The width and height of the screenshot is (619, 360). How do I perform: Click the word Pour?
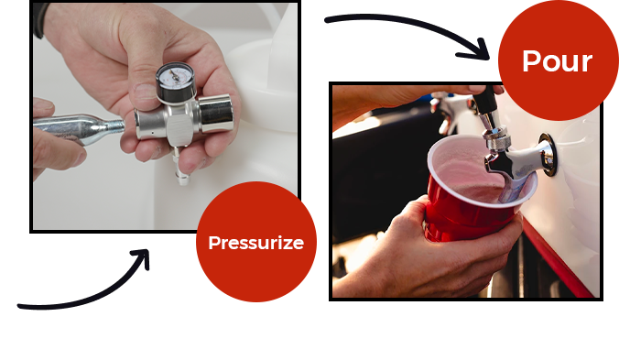(557, 61)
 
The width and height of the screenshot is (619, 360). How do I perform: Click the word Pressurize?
(256, 243)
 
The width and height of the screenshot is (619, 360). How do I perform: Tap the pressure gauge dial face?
(175, 76)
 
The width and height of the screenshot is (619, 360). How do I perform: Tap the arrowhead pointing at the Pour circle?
(476, 50)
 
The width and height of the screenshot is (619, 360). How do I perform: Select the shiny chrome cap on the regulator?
(215, 114)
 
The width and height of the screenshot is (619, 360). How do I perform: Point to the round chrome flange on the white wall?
(548, 154)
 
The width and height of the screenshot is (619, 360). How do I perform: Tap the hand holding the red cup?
(427, 253)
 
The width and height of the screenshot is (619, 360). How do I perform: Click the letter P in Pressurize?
(213, 243)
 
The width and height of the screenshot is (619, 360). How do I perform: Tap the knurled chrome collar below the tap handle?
(495, 138)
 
